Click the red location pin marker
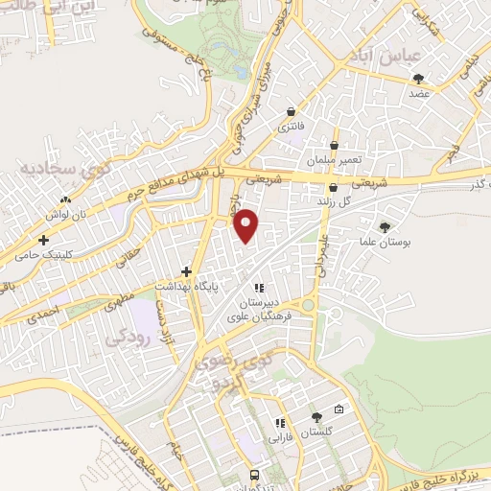247,224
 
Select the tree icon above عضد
417,79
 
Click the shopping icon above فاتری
291,112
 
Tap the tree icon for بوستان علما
386,228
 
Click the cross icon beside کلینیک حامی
43,239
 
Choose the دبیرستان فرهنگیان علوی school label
258,305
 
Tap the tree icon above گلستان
316,416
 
